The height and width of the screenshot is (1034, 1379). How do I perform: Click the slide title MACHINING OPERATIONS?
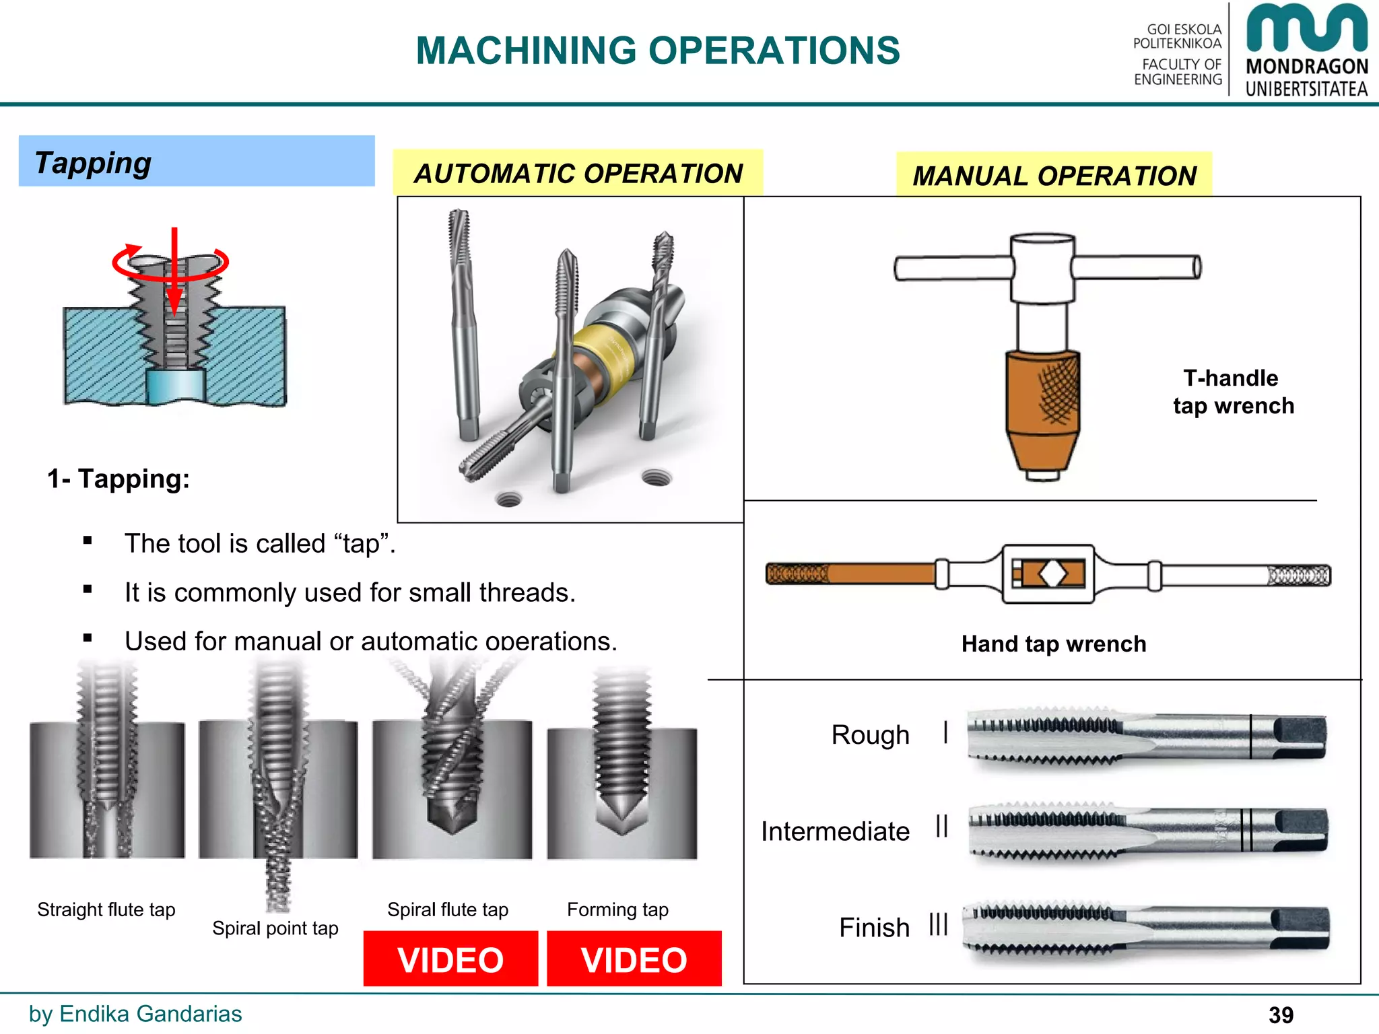[x=657, y=50]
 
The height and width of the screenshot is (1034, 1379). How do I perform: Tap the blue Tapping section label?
[x=196, y=162]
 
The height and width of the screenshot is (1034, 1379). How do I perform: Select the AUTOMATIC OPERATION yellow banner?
[x=578, y=174]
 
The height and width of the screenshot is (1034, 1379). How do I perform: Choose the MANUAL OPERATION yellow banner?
[x=1054, y=176]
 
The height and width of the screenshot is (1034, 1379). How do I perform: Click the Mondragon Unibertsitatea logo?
[x=1306, y=50]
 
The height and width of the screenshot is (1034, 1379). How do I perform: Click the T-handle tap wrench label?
[x=1232, y=392]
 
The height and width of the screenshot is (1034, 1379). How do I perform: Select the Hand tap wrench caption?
[x=1053, y=644]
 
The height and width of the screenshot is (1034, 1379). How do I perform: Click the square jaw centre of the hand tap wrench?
[x=1052, y=574]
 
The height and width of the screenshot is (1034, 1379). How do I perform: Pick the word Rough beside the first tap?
[x=870, y=734]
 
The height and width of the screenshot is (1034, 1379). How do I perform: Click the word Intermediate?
[x=835, y=831]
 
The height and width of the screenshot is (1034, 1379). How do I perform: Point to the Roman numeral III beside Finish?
[x=938, y=925]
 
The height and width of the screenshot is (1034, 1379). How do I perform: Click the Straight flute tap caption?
[x=106, y=909]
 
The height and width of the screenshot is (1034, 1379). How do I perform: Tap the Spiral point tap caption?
[x=275, y=928]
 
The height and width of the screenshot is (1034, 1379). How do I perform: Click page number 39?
[x=1281, y=1014]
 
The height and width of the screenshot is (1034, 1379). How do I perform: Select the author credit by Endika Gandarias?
[x=135, y=1014]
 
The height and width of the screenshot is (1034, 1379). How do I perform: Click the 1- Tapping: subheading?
[x=119, y=479]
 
